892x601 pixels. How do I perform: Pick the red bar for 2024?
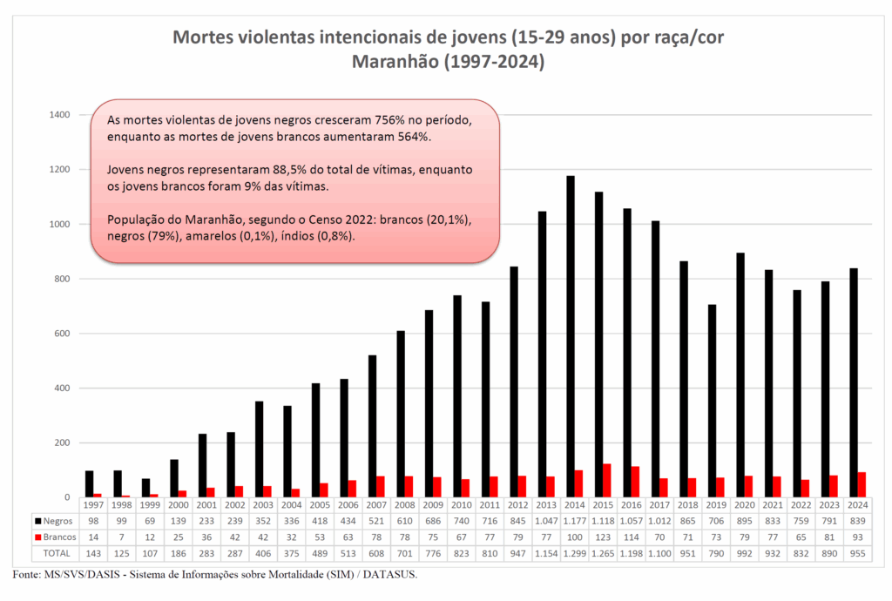tap(862, 484)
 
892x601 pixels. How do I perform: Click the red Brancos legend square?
tap(39, 537)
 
